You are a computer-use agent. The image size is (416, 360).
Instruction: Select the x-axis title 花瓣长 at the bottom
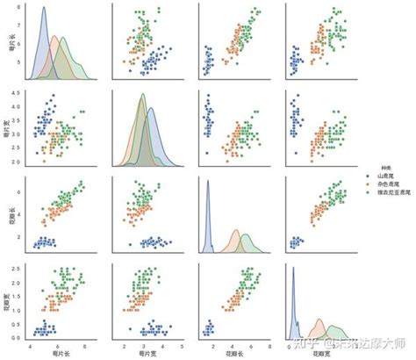click(233, 352)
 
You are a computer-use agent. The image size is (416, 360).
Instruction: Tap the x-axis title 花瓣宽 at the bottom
click(320, 352)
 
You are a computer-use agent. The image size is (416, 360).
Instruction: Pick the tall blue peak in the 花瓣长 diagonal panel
click(207, 181)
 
